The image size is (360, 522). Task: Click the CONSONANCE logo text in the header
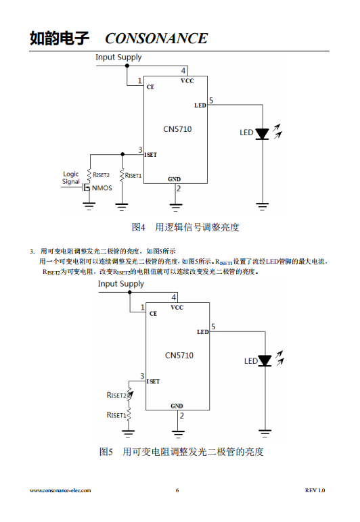(x=156, y=39)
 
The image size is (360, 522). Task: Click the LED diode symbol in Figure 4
(x=262, y=134)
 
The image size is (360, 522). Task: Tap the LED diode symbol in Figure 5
(x=265, y=360)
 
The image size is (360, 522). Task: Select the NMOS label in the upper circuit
(x=102, y=188)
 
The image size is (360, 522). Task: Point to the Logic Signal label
(x=71, y=178)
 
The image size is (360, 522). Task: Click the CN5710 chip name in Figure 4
(x=177, y=129)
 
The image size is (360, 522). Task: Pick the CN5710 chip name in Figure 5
(x=179, y=356)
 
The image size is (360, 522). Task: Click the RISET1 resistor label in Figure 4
(x=133, y=175)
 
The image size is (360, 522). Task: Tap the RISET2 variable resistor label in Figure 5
(x=116, y=395)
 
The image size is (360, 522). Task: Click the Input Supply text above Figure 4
(x=118, y=57)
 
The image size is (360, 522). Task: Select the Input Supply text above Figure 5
(x=121, y=284)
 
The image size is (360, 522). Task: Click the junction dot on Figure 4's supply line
(x=127, y=66)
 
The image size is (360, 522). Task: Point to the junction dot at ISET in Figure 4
(x=122, y=154)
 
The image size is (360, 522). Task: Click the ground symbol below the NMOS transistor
(x=89, y=206)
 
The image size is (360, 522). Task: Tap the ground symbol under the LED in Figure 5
(x=265, y=433)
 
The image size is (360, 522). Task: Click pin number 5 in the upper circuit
(x=211, y=100)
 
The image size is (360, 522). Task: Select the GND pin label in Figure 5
(x=177, y=406)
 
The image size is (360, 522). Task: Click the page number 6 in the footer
(x=177, y=490)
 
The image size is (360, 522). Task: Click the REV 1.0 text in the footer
(x=315, y=490)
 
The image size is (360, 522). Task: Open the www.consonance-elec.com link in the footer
(x=60, y=490)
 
